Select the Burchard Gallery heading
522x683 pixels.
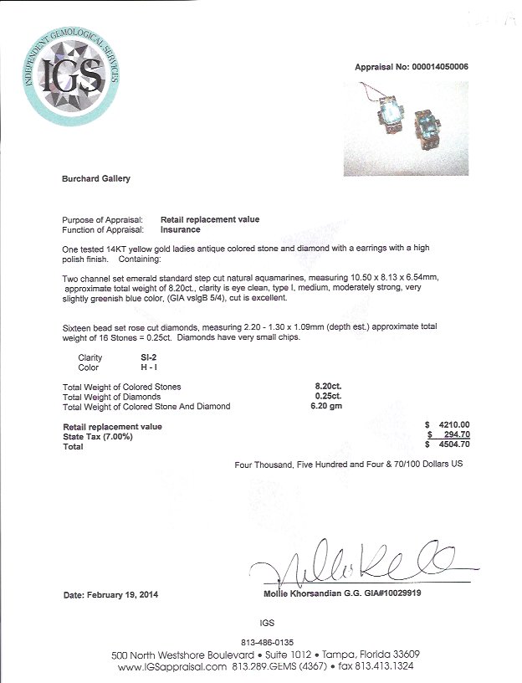pos(96,178)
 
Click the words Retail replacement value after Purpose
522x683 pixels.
pos(209,219)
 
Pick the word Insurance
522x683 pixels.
pos(180,229)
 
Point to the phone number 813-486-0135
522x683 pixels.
pos(265,642)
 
